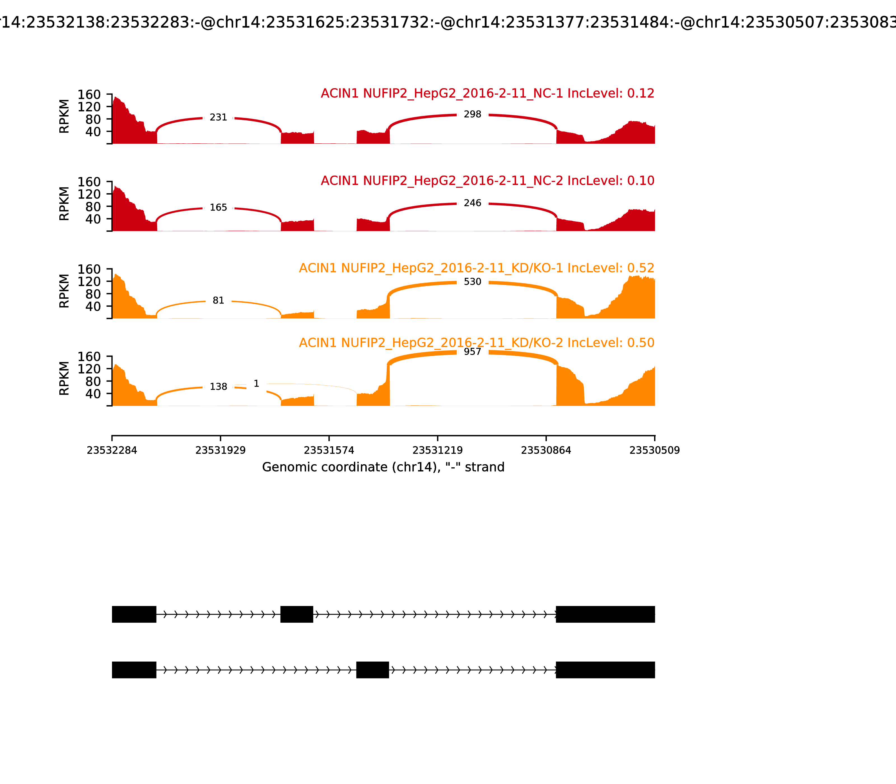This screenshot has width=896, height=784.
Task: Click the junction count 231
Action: coord(218,117)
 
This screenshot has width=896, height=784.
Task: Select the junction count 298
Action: coord(473,114)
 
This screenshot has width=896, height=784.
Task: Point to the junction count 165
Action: coord(218,207)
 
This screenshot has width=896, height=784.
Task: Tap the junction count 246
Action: coord(473,203)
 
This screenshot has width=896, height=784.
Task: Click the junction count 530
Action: coord(473,282)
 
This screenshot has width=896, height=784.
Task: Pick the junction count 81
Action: coord(218,300)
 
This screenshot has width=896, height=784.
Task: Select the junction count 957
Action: coord(473,352)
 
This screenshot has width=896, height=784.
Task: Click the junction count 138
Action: coord(218,387)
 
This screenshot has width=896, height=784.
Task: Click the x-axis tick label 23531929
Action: coord(221,451)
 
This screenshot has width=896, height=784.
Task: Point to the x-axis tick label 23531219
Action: coord(437,451)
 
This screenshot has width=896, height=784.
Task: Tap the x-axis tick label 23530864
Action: coord(546,451)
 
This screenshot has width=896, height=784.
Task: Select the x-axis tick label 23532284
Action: coord(112,451)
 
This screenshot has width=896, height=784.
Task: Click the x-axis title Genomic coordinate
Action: coord(383,467)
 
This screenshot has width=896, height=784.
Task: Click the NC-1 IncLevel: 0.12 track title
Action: coord(487,94)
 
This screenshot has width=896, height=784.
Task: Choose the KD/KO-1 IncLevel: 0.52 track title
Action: coord(477,268)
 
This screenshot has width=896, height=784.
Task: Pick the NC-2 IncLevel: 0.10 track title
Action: coord(487,181)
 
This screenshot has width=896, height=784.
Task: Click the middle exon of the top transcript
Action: coord(297,614)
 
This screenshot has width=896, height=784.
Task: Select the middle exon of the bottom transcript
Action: coord(372,670)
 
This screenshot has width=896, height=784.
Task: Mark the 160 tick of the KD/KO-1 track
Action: coord(89,269)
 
